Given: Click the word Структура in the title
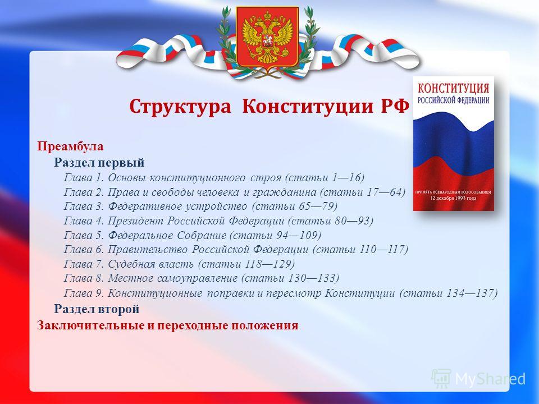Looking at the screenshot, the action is (x=180, y=107).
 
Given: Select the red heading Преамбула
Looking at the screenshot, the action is (x=70, y=146).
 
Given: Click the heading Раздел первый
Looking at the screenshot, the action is (x=99, y=162).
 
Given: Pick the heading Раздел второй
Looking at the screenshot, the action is (x=97, y=309).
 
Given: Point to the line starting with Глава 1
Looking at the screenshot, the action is (x=214, y=178).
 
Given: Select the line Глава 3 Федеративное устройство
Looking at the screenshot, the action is (x=200, y=206).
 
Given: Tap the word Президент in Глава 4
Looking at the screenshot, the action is (x=135, y=221).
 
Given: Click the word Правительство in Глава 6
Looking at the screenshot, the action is (x=148, y=249).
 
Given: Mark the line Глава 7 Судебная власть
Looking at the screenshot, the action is (x=179, y=264).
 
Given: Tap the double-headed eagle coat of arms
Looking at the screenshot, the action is (x=267, y=37).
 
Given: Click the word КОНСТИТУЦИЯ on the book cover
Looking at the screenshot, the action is (x=454, y=88).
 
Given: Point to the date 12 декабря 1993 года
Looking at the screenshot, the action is (x=454, y=199).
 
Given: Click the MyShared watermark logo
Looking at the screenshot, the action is (x=478, y=379).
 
